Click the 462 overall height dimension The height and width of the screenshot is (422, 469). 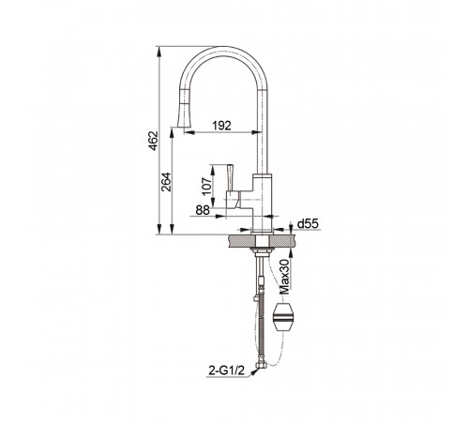(x=154, y=141)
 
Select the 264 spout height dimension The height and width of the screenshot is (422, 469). (x=166, y=182)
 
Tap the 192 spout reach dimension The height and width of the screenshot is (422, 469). (x=221, y=126)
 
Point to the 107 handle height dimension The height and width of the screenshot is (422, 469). (x=206, y=187)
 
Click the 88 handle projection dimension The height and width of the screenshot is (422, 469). (x=203, y=210)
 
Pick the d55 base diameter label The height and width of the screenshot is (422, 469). (x=308, y=223)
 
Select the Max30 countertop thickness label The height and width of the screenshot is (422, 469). (x=285, y=277)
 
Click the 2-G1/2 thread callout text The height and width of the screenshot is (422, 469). (x=226, y=371)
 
